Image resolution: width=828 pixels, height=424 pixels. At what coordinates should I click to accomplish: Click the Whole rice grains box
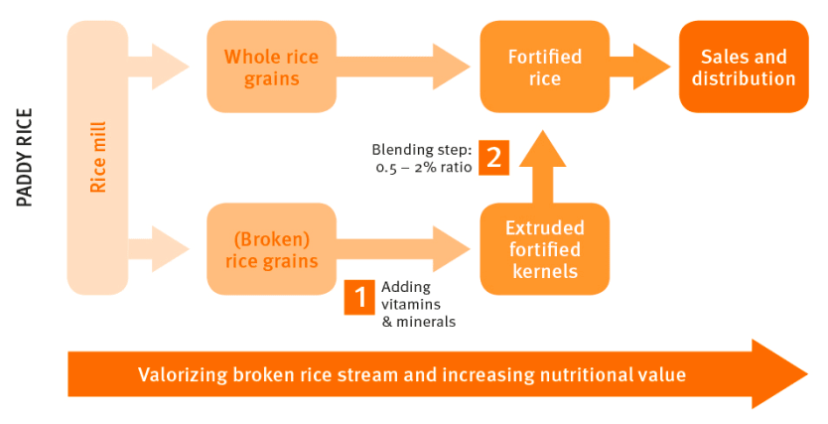[x=271, y=67]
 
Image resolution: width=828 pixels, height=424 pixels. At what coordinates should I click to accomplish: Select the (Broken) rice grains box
[x=271, y=249]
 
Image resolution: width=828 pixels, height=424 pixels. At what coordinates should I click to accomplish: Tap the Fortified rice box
[x=544, y=67]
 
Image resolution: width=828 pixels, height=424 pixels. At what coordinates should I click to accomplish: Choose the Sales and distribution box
[x=744, y=67]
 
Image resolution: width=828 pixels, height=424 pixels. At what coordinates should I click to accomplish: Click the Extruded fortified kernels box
[x=544, y=249]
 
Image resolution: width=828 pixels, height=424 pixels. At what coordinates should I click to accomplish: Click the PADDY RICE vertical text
[x=26, y=157]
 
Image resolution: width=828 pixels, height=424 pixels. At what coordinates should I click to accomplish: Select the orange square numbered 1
[x=358, y=296]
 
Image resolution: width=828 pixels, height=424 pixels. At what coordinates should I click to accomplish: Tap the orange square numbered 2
[x=493, y=157]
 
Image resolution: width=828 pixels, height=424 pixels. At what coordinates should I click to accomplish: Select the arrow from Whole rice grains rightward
[x=402, y=67]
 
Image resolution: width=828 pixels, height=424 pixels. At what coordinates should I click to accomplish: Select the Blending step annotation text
[x=423, y=157]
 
